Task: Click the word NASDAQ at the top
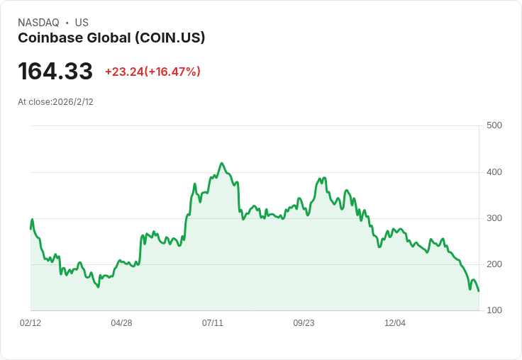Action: pos(38,23)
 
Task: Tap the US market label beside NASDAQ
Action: pos(82,23)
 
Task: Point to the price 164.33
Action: pos(55,71)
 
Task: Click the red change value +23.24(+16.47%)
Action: pos(152,72)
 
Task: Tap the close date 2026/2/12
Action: pos(73,102)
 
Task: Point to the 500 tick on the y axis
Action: pos(494,125)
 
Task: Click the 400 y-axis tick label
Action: pos(494,172)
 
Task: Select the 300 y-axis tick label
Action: pos(494,218)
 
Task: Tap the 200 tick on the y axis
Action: pos(494,264)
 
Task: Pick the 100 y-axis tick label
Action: pos(494,310)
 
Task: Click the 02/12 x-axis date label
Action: pos(30,323)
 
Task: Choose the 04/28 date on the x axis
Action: pos(121,323)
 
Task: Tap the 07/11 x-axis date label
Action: pos(213,323)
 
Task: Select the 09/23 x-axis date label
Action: pos(304,323)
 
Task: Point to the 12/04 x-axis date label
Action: pos(395,323)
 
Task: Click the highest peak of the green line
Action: pos(222,163)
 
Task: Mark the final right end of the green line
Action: pos(479,291)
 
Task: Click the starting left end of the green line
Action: pos(30,228)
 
